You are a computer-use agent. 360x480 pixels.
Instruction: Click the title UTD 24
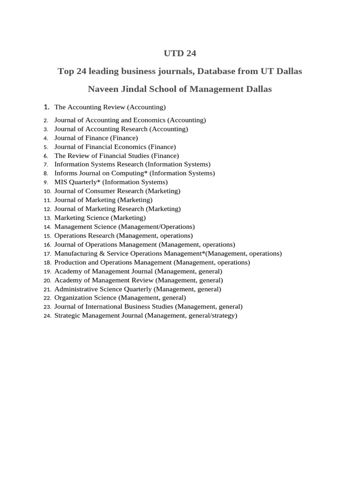pyautogui.click(x=180, y=53)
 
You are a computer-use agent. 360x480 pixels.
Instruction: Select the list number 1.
pyautogui.click(x=47, y=107)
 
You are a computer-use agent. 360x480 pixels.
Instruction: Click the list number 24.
pyautogui.click(x=47, y=316)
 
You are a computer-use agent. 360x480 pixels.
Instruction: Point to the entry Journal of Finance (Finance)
pyautogui.click(x=96, y=138)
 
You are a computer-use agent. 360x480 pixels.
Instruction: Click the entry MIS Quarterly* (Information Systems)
pyautogui.click(x=111, y=182)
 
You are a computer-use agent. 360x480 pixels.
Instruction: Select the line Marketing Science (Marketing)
pyautogui.click(x=100, y=217)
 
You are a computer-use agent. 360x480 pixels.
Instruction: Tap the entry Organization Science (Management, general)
pyautogui.click(x=120, y=298)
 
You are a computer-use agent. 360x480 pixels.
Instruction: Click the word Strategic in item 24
pyautogui.click(x=67, y=316)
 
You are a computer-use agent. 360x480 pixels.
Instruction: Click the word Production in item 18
pyautogui.click(x=70, y=262)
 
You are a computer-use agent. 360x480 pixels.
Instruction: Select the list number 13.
pyautogui.click(x=47, y=218)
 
